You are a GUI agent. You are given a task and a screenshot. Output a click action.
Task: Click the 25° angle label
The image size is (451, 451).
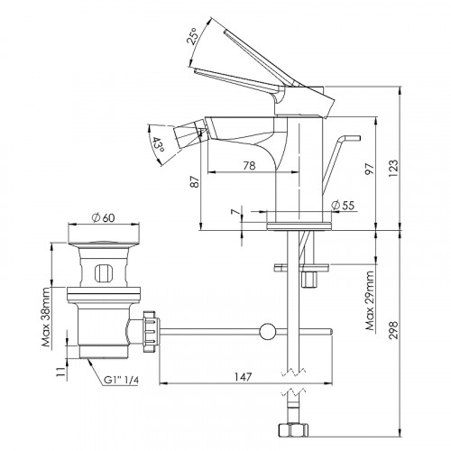193,36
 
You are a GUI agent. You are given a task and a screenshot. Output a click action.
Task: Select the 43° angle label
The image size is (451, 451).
158,144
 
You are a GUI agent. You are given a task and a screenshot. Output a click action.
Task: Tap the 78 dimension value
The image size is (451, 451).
249,166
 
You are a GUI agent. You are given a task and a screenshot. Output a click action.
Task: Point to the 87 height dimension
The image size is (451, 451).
196,181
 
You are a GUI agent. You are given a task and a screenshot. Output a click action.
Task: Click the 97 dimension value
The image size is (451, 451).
369,169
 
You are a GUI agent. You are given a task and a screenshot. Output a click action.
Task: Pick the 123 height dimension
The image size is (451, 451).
393,169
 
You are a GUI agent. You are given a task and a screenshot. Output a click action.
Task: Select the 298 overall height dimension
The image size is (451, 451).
393,330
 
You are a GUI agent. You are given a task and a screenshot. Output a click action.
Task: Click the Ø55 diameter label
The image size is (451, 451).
343,205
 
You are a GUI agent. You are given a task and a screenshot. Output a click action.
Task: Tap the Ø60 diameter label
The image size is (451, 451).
104,217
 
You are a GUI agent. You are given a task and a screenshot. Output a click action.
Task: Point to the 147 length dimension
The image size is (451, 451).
243,376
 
